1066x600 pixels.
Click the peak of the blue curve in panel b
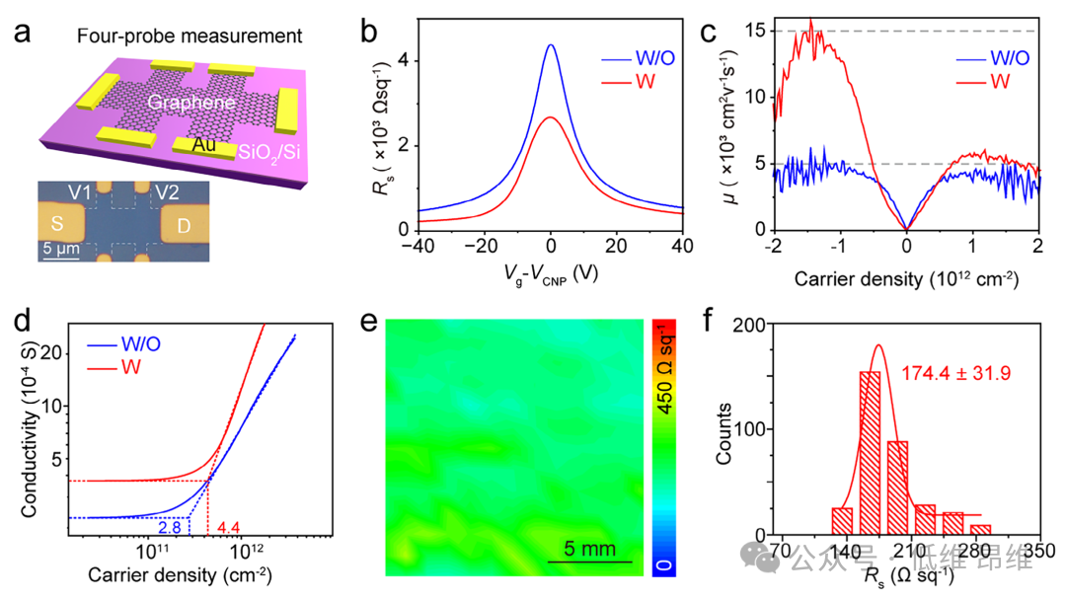pyautogui.click(x=551, y=45)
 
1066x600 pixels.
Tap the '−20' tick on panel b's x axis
pyautogui.click(x=483, y=245)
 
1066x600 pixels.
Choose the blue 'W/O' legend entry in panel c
pyautogui.click(x=993, y=59)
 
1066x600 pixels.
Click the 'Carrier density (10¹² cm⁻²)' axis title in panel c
pyautogui.click(x=906, y=280)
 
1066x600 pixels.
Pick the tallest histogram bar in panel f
pyautogui.click(x=870, y=453)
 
